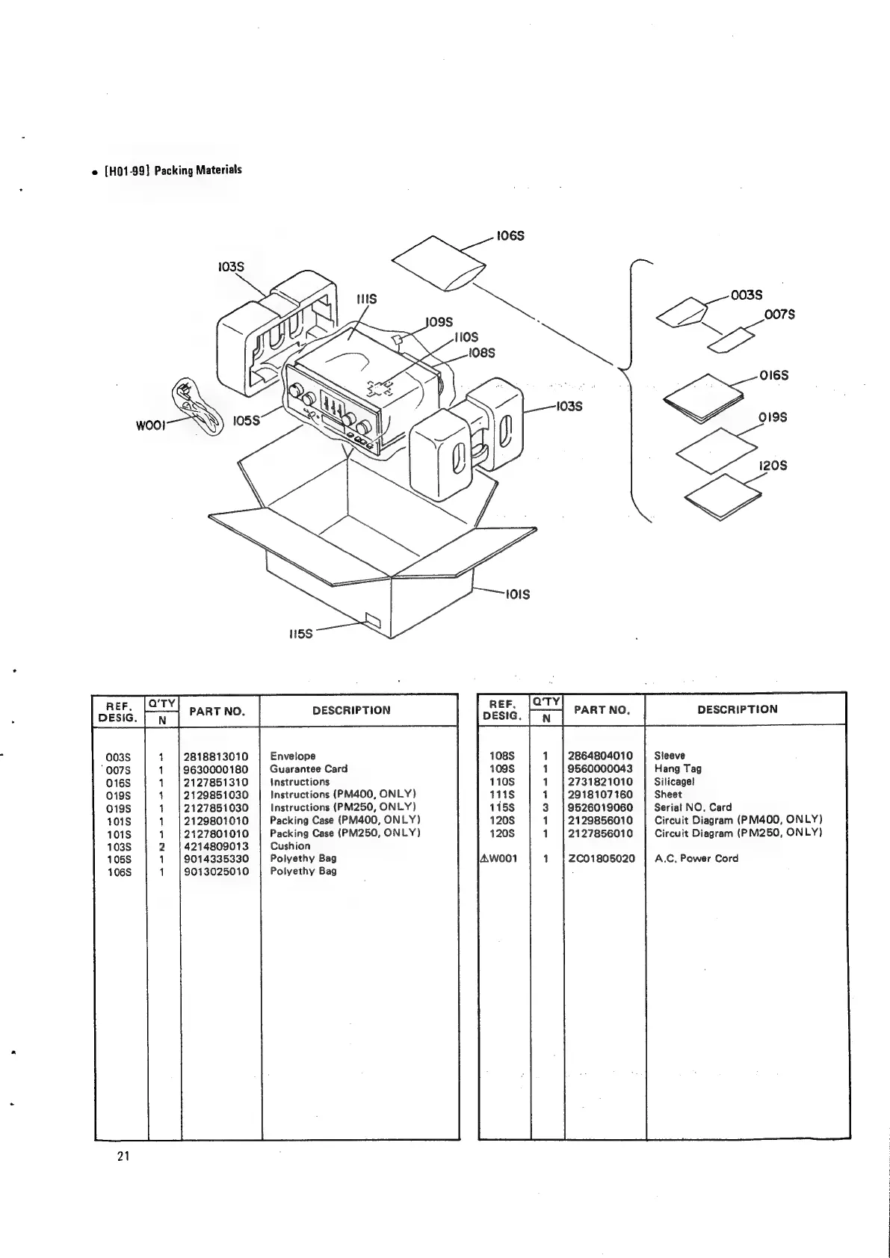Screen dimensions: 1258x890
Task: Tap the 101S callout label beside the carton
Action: [516, 594]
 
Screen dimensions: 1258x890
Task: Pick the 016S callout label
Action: [773, 375]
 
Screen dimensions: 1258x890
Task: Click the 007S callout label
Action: [779, 315]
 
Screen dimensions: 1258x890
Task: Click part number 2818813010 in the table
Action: [216, 756]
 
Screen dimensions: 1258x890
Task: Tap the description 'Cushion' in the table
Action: [290, 846]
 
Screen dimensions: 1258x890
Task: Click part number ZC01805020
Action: [602, 859]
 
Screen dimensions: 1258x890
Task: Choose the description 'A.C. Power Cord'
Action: [696, 859]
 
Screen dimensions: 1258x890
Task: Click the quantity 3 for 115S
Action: [546, 807]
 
